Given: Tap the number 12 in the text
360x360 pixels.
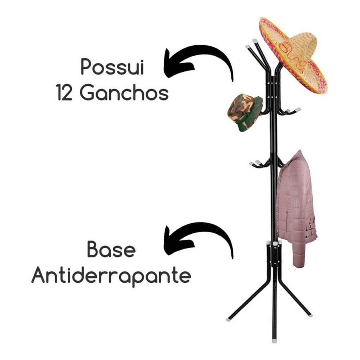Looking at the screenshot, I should point(64,94).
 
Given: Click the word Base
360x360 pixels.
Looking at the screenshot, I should point(111,250).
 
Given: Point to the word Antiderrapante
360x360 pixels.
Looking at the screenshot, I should point(111,277).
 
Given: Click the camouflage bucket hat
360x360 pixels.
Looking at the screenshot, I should point(245,112).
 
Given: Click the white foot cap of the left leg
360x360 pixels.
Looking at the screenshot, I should point(229,319).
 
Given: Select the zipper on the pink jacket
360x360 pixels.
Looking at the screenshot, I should point(287,220).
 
